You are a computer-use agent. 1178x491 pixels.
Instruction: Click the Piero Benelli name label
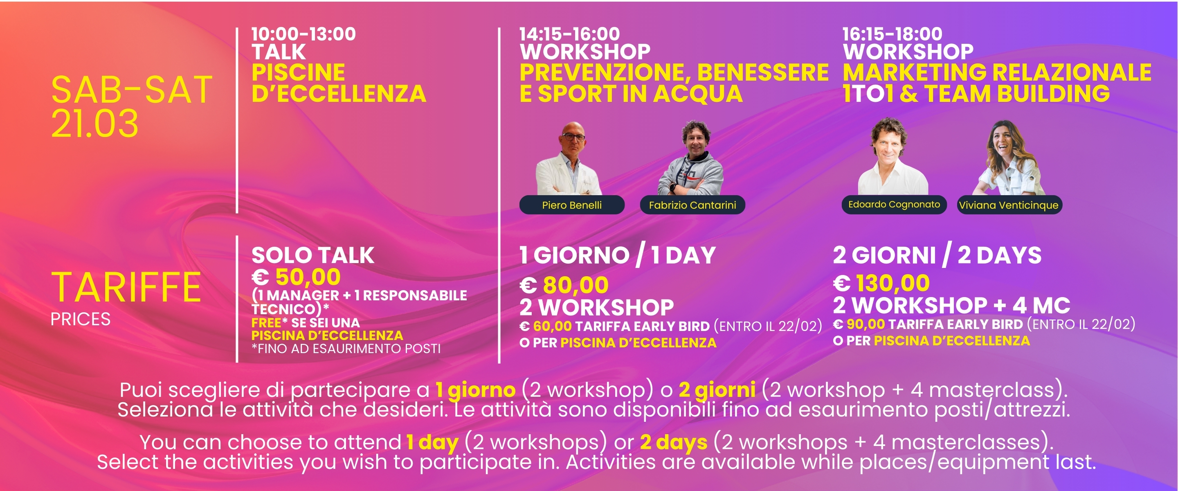click(572, 205)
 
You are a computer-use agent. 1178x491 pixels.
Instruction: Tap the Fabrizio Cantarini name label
click(692, 205)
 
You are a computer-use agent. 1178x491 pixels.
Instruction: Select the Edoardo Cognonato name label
click(894, 204)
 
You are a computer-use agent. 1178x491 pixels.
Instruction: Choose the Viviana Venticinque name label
click(1009, 205)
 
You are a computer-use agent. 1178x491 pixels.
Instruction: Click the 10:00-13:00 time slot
click(303, 34)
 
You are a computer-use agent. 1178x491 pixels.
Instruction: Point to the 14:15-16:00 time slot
click(569, 34)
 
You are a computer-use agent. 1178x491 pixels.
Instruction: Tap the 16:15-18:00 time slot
click(892, 34)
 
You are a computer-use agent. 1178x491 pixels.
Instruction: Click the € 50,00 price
click(296, 277)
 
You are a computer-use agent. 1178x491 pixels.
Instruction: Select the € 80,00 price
click(564, 285)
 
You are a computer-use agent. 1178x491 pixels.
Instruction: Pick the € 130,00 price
click(881, 283)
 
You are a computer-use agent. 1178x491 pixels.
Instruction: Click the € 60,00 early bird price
click(546, 326)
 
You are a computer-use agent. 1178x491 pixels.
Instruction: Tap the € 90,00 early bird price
click(859, 324)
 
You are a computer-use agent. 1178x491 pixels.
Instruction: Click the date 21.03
click(94, 124)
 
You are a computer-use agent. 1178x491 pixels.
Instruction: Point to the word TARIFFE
click(126, 287)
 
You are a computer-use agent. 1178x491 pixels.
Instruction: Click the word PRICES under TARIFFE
click(81, 319)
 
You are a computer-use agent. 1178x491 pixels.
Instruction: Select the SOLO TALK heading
click(313, 255)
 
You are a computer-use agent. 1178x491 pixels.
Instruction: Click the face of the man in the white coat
click(573, 139)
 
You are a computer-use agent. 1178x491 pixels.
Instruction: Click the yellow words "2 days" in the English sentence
click(674, 442)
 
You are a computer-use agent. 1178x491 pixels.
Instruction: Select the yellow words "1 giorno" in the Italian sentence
click(476, 390)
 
